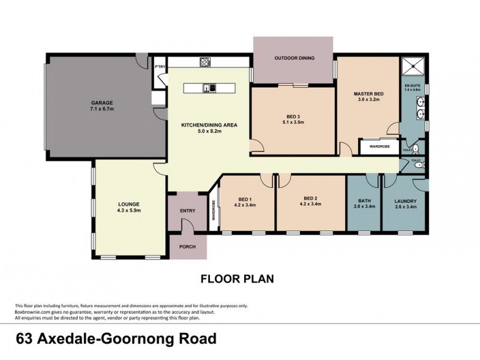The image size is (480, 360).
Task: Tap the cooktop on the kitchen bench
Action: pyautogui.click(x=205, y=61)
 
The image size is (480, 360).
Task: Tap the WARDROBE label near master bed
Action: pyautogui.click(x=379, y=146)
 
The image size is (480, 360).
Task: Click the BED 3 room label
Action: pyautogui.click(x=293, y=116)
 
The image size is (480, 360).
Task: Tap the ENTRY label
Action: pyautogui.click(x=187, y=211)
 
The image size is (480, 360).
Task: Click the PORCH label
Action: pyautogui.click(x=187, y=245)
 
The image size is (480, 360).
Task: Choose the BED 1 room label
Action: pyautogui.click(x=245, y=199)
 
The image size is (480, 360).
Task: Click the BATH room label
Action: pyautogui.click(x=364, y=201)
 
